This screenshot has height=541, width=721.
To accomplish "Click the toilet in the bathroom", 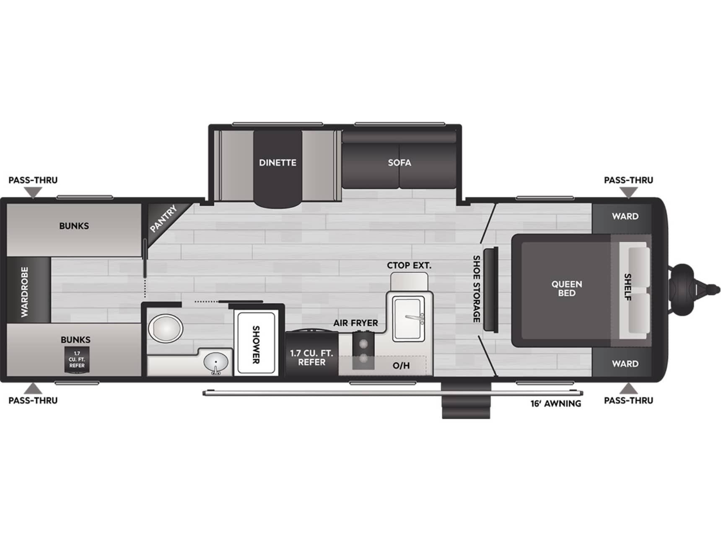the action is coord(166,328).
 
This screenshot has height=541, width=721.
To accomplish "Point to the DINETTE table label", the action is coord(278,162).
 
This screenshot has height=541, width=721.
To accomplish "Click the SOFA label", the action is coord(399,162).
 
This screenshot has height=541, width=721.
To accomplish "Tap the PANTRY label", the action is coord(164,218).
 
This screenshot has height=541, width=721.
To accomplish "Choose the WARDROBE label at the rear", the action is coord(25,291).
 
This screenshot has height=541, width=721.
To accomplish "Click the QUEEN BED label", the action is coord(567,289).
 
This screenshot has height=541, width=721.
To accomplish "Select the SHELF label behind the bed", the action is coord(628,287).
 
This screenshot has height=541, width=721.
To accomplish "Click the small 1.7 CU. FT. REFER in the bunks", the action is coord(77,359).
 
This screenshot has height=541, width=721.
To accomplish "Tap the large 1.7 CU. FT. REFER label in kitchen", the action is coord(311,357).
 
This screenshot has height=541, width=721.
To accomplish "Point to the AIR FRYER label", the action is coord(355,323).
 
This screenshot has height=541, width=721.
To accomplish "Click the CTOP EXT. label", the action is coord(409,265).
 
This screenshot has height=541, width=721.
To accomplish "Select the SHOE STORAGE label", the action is coord(477,289).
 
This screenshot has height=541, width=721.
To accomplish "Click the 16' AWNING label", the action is coord(556,403).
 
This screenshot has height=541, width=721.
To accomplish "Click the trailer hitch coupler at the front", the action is coord(696,289).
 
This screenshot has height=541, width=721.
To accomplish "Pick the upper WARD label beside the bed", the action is coord(625,216).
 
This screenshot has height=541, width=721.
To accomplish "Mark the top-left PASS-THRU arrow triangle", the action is coord(33,192).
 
